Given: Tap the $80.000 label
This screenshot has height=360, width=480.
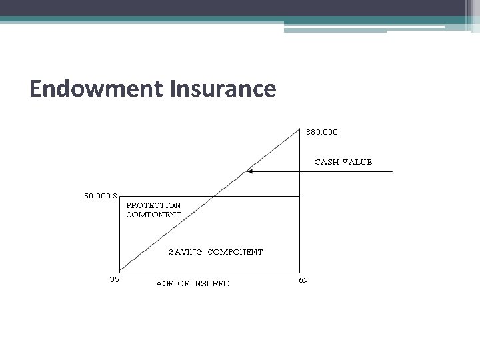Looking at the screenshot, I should (x=321, y=132).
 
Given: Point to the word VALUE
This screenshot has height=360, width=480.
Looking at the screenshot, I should (x=357, y=162).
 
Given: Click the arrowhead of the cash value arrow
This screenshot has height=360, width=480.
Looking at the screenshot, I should (x=249, y=171).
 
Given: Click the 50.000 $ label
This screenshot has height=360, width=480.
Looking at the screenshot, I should (x=101, y=196).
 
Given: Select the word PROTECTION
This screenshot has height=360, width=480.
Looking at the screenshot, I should (x=153, y=205).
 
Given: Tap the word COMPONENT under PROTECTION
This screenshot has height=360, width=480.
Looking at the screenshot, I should (x=153, y=215).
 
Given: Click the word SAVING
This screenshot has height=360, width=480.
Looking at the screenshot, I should (x=185, y=252).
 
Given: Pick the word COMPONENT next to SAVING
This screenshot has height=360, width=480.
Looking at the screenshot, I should (x=235, y=252).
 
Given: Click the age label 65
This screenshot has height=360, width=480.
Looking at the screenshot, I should (x=303, y=280).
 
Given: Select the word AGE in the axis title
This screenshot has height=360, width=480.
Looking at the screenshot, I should (x=166, y=283).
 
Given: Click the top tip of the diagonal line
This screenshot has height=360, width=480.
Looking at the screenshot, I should (x=299, y=128).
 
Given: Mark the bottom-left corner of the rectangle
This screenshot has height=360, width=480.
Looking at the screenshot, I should (x=119, y=271).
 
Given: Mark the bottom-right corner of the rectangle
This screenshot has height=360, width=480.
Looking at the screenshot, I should (x=300, y=271).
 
